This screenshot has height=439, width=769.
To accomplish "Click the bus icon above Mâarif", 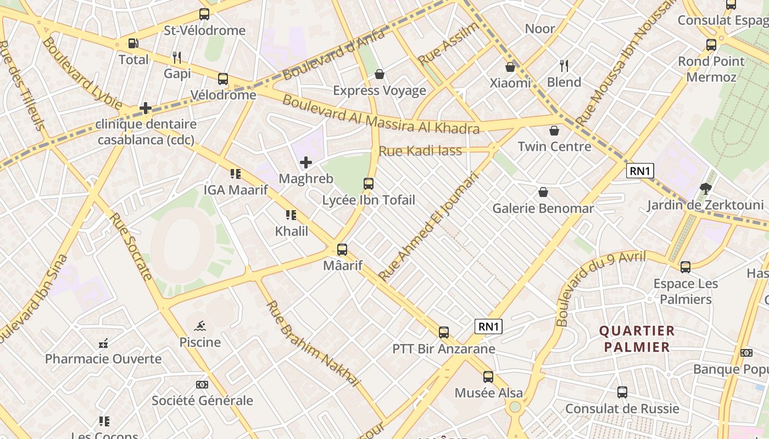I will [x=342, y=250].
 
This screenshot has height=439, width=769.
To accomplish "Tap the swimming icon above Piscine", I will [x=200, y=326].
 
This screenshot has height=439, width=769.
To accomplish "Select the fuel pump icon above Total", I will [x=133, y=43].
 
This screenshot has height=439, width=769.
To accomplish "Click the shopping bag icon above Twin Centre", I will [x=554, y=131].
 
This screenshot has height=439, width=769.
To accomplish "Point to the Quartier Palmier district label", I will [x=637, y=339].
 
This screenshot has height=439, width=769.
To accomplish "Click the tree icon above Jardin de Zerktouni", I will [x=706, y=189].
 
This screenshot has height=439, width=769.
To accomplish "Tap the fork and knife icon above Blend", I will [x=564, y=66].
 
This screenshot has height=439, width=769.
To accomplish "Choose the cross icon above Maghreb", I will [x=306, y=162].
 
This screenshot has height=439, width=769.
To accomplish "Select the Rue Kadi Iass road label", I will [x=420, y=151].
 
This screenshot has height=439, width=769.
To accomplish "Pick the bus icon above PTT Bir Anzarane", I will [x=443, y=333].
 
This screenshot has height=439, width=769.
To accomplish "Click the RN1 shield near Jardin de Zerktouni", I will [x=640, y=171].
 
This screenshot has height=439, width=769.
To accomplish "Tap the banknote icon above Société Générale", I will [x=202, y=385].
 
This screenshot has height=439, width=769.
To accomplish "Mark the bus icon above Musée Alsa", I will [x=488, y=377].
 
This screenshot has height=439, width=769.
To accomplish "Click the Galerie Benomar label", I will [x=543, y=209].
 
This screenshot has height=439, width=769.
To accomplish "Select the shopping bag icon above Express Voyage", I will [x=379, y=74].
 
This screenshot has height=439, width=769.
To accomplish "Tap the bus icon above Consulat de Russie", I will [x=622, y=392].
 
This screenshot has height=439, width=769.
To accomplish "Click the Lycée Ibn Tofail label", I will [x=369, y=200].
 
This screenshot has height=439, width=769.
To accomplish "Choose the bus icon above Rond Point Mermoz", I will [x=711, y=45].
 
